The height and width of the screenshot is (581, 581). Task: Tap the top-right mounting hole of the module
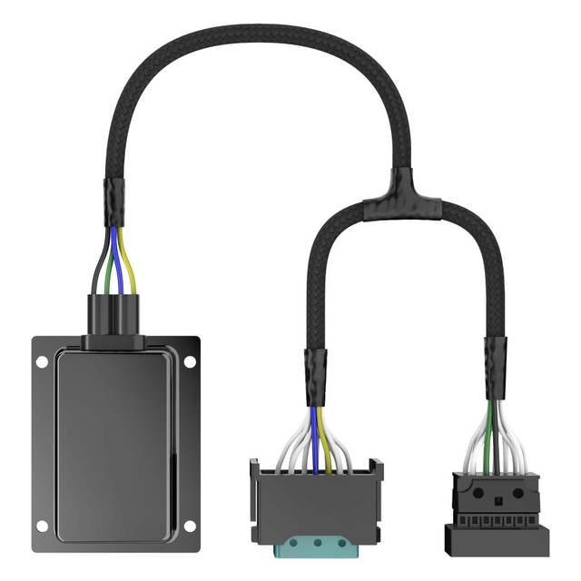(190, 361)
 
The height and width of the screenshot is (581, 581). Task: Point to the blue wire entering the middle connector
(314, 436)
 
